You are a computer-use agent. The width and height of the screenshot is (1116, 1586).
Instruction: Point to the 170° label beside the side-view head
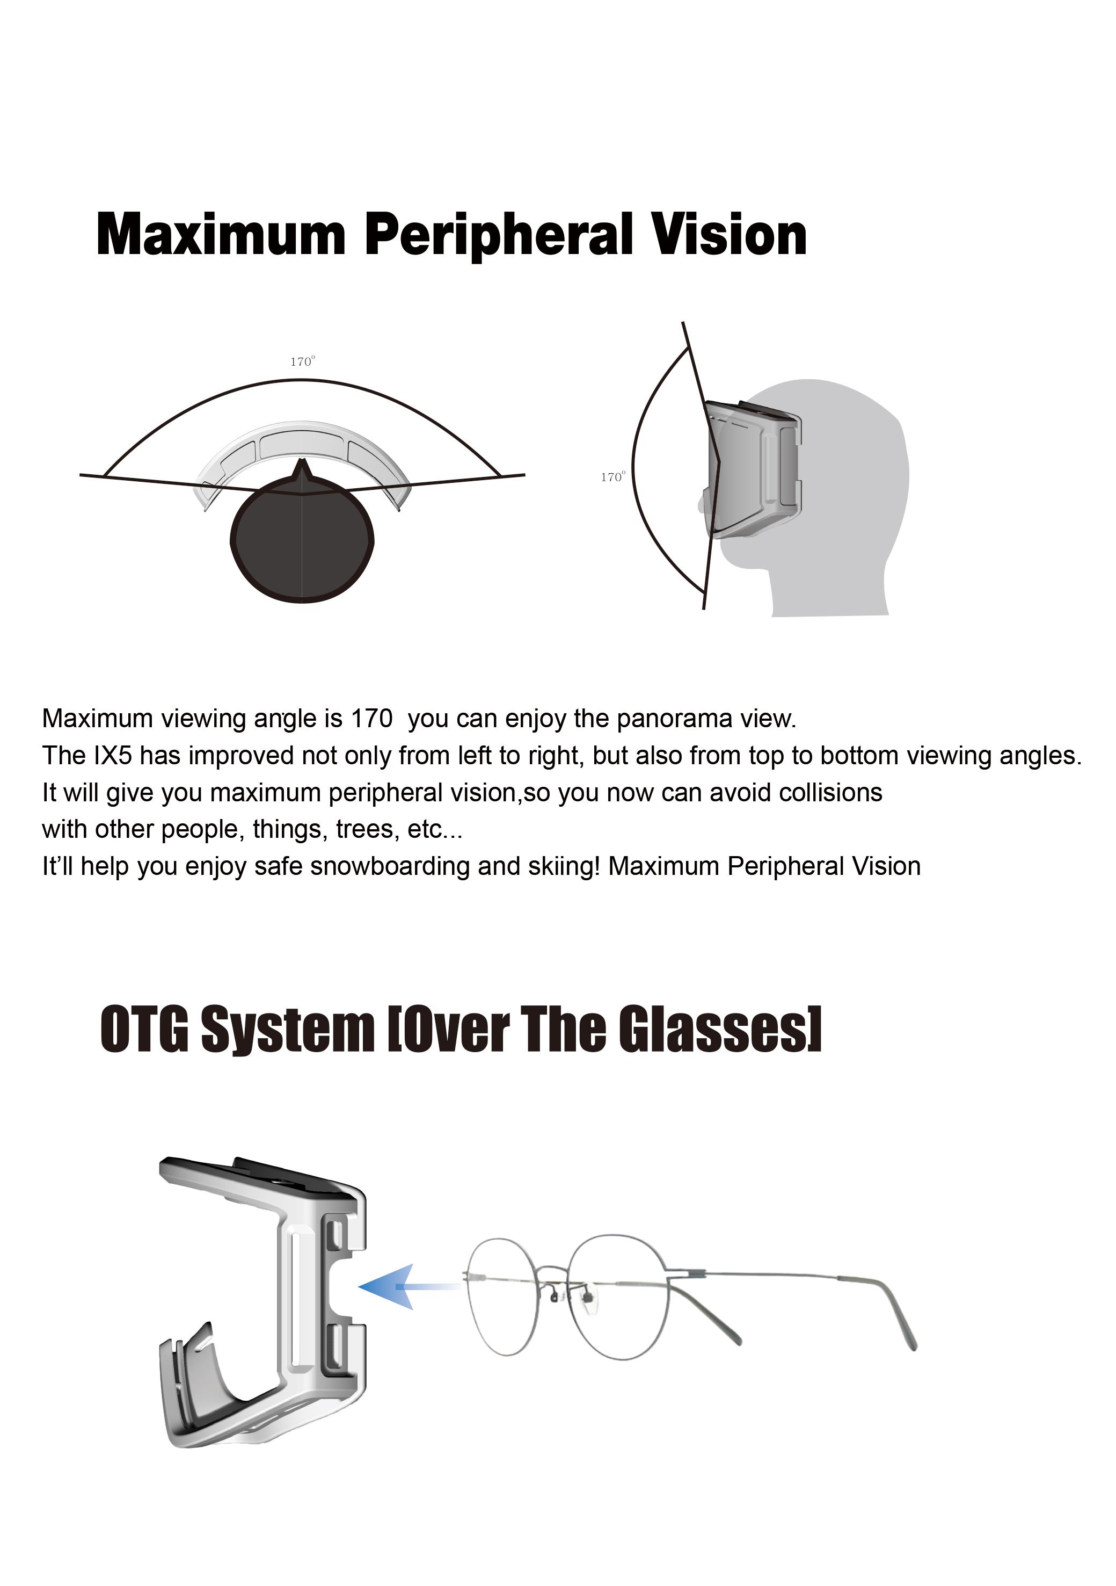(x=613, y=476)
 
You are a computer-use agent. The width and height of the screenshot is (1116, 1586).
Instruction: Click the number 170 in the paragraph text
(x=371, y=719)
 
